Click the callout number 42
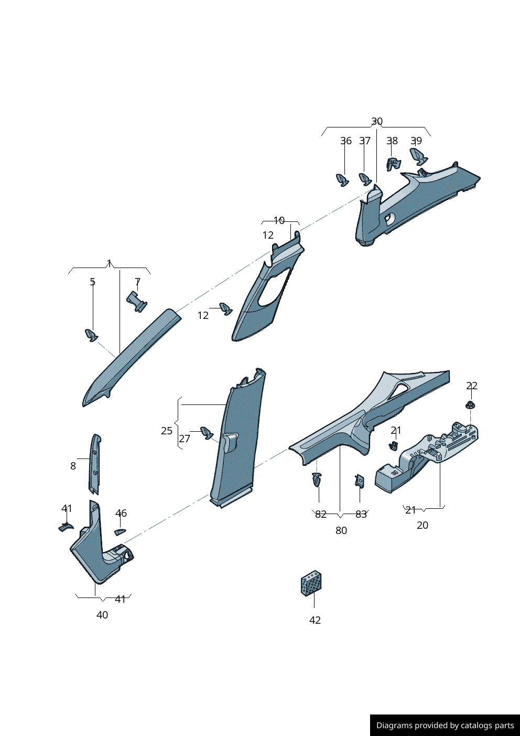click(315, 620)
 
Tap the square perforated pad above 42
click(311, 583)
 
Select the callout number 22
click(472, 386)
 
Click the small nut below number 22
click(470, 405)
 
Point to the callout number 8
click(73, 466)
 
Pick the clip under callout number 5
click(91, 335)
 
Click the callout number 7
click(137, 282)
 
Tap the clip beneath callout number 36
click(342, 180)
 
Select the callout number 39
click(416, 141)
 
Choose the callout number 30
click(377, 121)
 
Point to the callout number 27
click(185, 439)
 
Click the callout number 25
click(167, 431)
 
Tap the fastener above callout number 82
click(317, 479)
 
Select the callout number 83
click(361, 514)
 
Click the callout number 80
click(341, 530)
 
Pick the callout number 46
click(121, 513)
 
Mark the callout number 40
click(102, 614)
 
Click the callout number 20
click(422, 525)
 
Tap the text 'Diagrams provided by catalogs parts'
click(445, 726)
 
